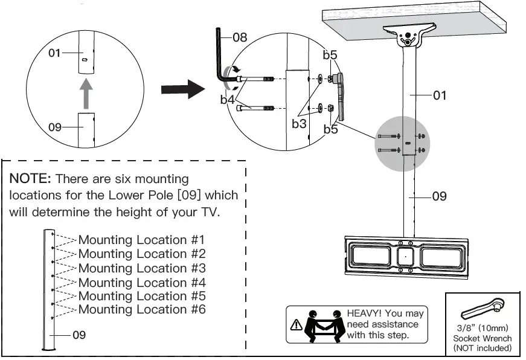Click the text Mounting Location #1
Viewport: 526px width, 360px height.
click(x=142, y=240)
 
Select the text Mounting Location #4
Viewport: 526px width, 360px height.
click(x=142, y=282)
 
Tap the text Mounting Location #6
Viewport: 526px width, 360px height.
click(x=142, y=309)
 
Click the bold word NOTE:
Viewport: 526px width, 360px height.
click(x=31, y=179)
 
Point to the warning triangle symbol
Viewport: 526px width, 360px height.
click(x=297, y=325)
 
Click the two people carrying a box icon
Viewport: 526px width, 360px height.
click(x=324, y=325)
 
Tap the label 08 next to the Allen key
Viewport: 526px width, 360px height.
click(x=240, y=37)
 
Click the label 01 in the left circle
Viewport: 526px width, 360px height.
click(x=55, y=53)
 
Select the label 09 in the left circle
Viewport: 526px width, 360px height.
click(x=55, y=127)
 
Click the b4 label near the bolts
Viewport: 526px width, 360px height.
click(x=227, y=100)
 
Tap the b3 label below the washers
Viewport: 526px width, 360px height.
click(x=300, y=124)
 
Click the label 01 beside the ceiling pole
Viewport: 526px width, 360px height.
click(x=440, y=95)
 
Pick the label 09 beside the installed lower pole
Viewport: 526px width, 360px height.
click(x=440, y=196)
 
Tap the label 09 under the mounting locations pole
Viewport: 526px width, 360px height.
click(x=79, y=335)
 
